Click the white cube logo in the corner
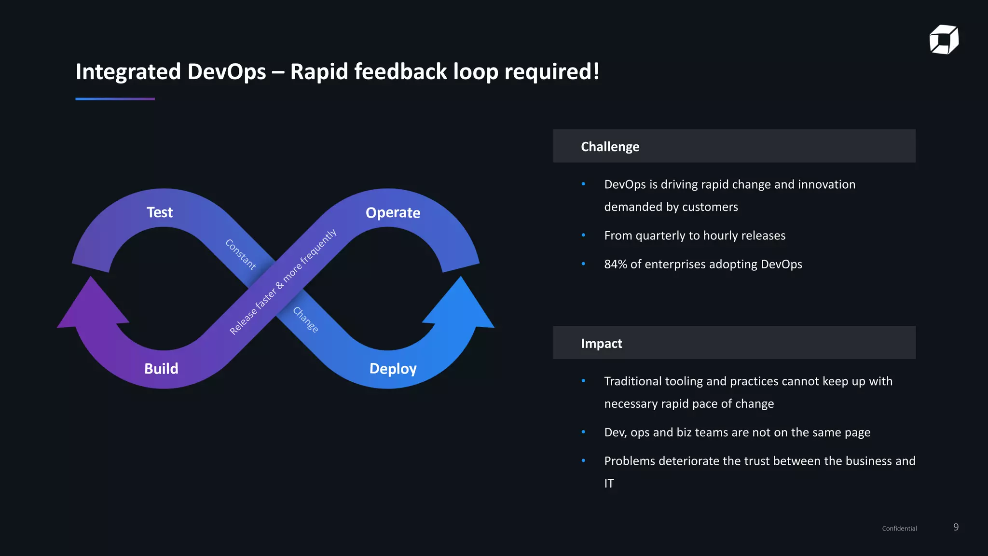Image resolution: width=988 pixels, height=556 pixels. click(944, 40)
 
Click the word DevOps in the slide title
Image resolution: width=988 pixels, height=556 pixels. click(226, 71)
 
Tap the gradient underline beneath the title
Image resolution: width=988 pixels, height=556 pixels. click(115, 99)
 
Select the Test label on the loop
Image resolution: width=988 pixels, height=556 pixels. click(160, 212)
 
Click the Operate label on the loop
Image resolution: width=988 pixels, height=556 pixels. click(393, 213)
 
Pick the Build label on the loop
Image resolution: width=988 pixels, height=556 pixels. click(161, 369)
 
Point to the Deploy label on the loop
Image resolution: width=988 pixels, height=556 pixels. click(393, 369)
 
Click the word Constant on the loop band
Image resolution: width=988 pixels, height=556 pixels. click(240, 254)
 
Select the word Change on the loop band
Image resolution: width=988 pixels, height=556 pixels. click(306, 320)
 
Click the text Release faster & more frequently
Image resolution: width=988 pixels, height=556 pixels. click(283, 282)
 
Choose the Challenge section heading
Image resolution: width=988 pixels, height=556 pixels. click(610, 147)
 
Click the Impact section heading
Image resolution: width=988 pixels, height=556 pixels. click(601, 344)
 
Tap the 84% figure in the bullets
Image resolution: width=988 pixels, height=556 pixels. click(615, 264)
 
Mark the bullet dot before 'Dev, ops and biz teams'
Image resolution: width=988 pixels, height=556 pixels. click(583, 432)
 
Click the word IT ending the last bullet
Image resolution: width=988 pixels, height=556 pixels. click(609, 484)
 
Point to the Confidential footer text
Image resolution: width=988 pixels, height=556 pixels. click(899, 528)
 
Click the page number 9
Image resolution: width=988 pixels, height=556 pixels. click(956, 527)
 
